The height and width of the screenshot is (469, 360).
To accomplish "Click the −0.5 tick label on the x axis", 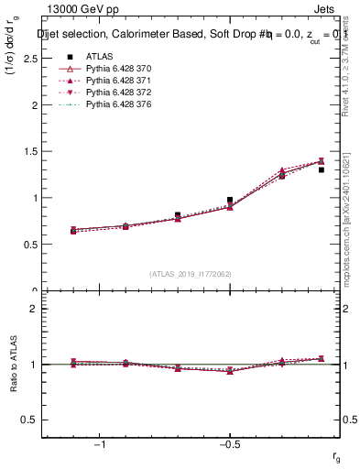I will (x=229, y=445).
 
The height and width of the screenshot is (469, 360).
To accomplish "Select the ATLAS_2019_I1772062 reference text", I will (x=191, y=273).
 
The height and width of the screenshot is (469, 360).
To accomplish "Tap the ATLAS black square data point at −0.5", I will (x=230, y=200).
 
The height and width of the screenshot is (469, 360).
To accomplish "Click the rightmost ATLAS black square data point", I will (x=322, y=169).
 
